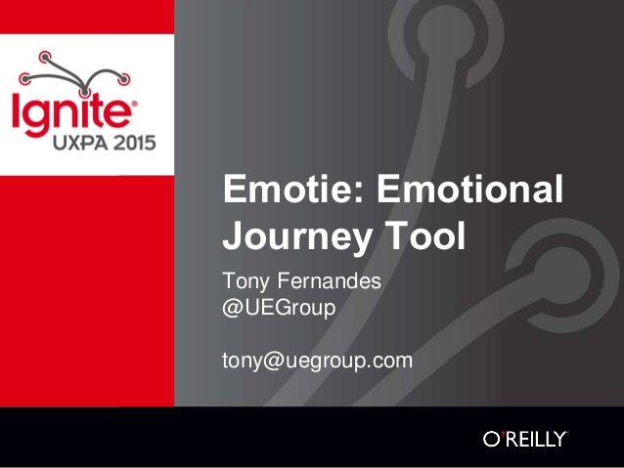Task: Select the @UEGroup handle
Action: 280,308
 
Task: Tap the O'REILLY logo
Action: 524,439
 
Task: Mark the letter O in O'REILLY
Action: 492,440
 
